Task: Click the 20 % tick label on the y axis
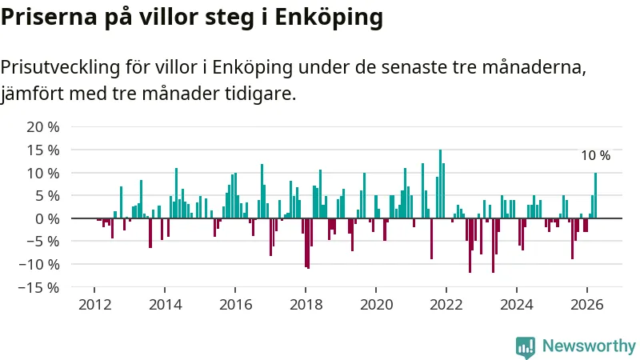[x=43, y=127]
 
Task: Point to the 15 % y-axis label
[x=43, y=150]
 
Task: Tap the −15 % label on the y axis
[x=38, y=288]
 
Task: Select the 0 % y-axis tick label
[x=47, y=219]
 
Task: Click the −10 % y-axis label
[x=38, y=265]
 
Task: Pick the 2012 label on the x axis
[x=94, y=305]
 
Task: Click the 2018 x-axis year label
[x=306, y=305]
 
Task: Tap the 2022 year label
[x=446, y=305]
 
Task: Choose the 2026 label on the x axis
[x=587, y=305]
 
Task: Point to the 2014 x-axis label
[x=165, y=305]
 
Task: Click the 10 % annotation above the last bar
[x=595, y=155]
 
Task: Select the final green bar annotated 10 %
[x=595, y=195]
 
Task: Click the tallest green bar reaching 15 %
[x=441, y=184]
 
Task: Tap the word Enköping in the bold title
[x=329, y=18]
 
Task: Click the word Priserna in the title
[x=49, y=17]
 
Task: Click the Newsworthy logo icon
[x=526, y=347]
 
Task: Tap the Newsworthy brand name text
[x=589, y=346]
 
